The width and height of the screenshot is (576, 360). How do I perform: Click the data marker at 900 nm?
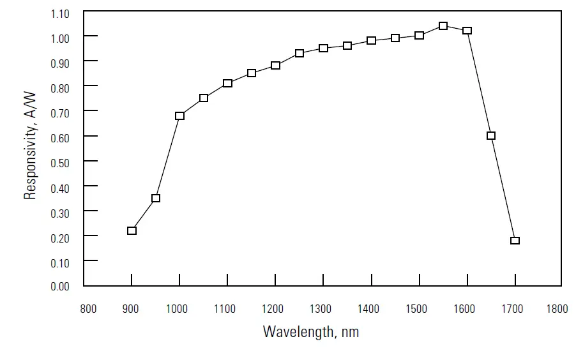(132, 230)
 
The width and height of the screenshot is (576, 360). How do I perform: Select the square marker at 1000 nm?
(179, 116)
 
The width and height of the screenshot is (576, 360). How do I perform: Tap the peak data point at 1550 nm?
(443, 26)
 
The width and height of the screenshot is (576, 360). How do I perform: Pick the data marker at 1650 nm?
(491, 135)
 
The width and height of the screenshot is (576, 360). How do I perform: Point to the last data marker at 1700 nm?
(515, 241)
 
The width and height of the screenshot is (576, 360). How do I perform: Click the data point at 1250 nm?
(299, 53)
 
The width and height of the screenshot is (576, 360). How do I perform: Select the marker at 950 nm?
(156, 198)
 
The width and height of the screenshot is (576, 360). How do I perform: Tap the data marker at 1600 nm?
(467, 31)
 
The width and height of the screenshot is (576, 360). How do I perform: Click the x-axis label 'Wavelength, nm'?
(311, 332)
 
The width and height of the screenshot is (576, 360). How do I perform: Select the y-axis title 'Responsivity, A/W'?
(30, 145)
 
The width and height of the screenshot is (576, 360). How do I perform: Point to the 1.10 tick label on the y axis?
(60, 13)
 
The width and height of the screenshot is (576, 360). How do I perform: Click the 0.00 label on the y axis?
(60, 287)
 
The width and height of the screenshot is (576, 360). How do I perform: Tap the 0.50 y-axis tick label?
(60, 162)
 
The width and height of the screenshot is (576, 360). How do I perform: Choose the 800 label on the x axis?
(88, 309)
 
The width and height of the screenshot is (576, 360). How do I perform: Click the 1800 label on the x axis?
(557, 309)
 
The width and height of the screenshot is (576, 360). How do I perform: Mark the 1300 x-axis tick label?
(321, 309)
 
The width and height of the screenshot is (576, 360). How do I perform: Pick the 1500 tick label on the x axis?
(416, 309)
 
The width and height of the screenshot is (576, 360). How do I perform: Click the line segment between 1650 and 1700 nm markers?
(503, 188)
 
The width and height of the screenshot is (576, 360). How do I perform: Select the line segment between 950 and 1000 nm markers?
(167, 157)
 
